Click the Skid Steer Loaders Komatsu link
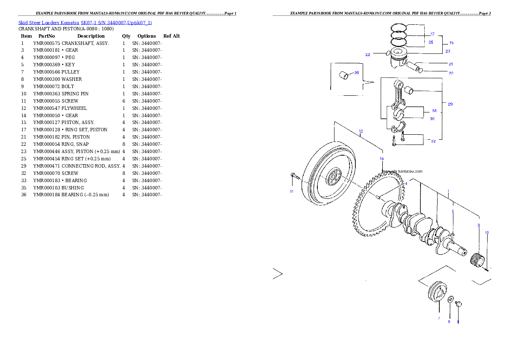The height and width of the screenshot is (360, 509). click(85, 22)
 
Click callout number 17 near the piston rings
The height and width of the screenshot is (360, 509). click(432, 34)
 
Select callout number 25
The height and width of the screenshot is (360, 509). click(431, 42)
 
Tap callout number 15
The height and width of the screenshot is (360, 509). click(451, 43)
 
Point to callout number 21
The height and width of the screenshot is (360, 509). click(451, 64)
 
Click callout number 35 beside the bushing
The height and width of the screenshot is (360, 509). click(357, 73)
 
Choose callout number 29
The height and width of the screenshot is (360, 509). click(450, 104)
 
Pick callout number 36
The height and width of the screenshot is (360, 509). click(432, 119)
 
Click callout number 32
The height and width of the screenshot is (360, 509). click(433, 141)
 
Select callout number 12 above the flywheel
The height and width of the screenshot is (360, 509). click(361, 131)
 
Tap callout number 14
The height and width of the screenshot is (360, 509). click(382, 159)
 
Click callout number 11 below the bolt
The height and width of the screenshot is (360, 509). click(292, 192)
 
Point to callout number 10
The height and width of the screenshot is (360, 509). click(486, 233)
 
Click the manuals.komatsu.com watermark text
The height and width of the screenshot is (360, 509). click(402, 171)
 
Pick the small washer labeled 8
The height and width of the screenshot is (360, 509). click(451, 299)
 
